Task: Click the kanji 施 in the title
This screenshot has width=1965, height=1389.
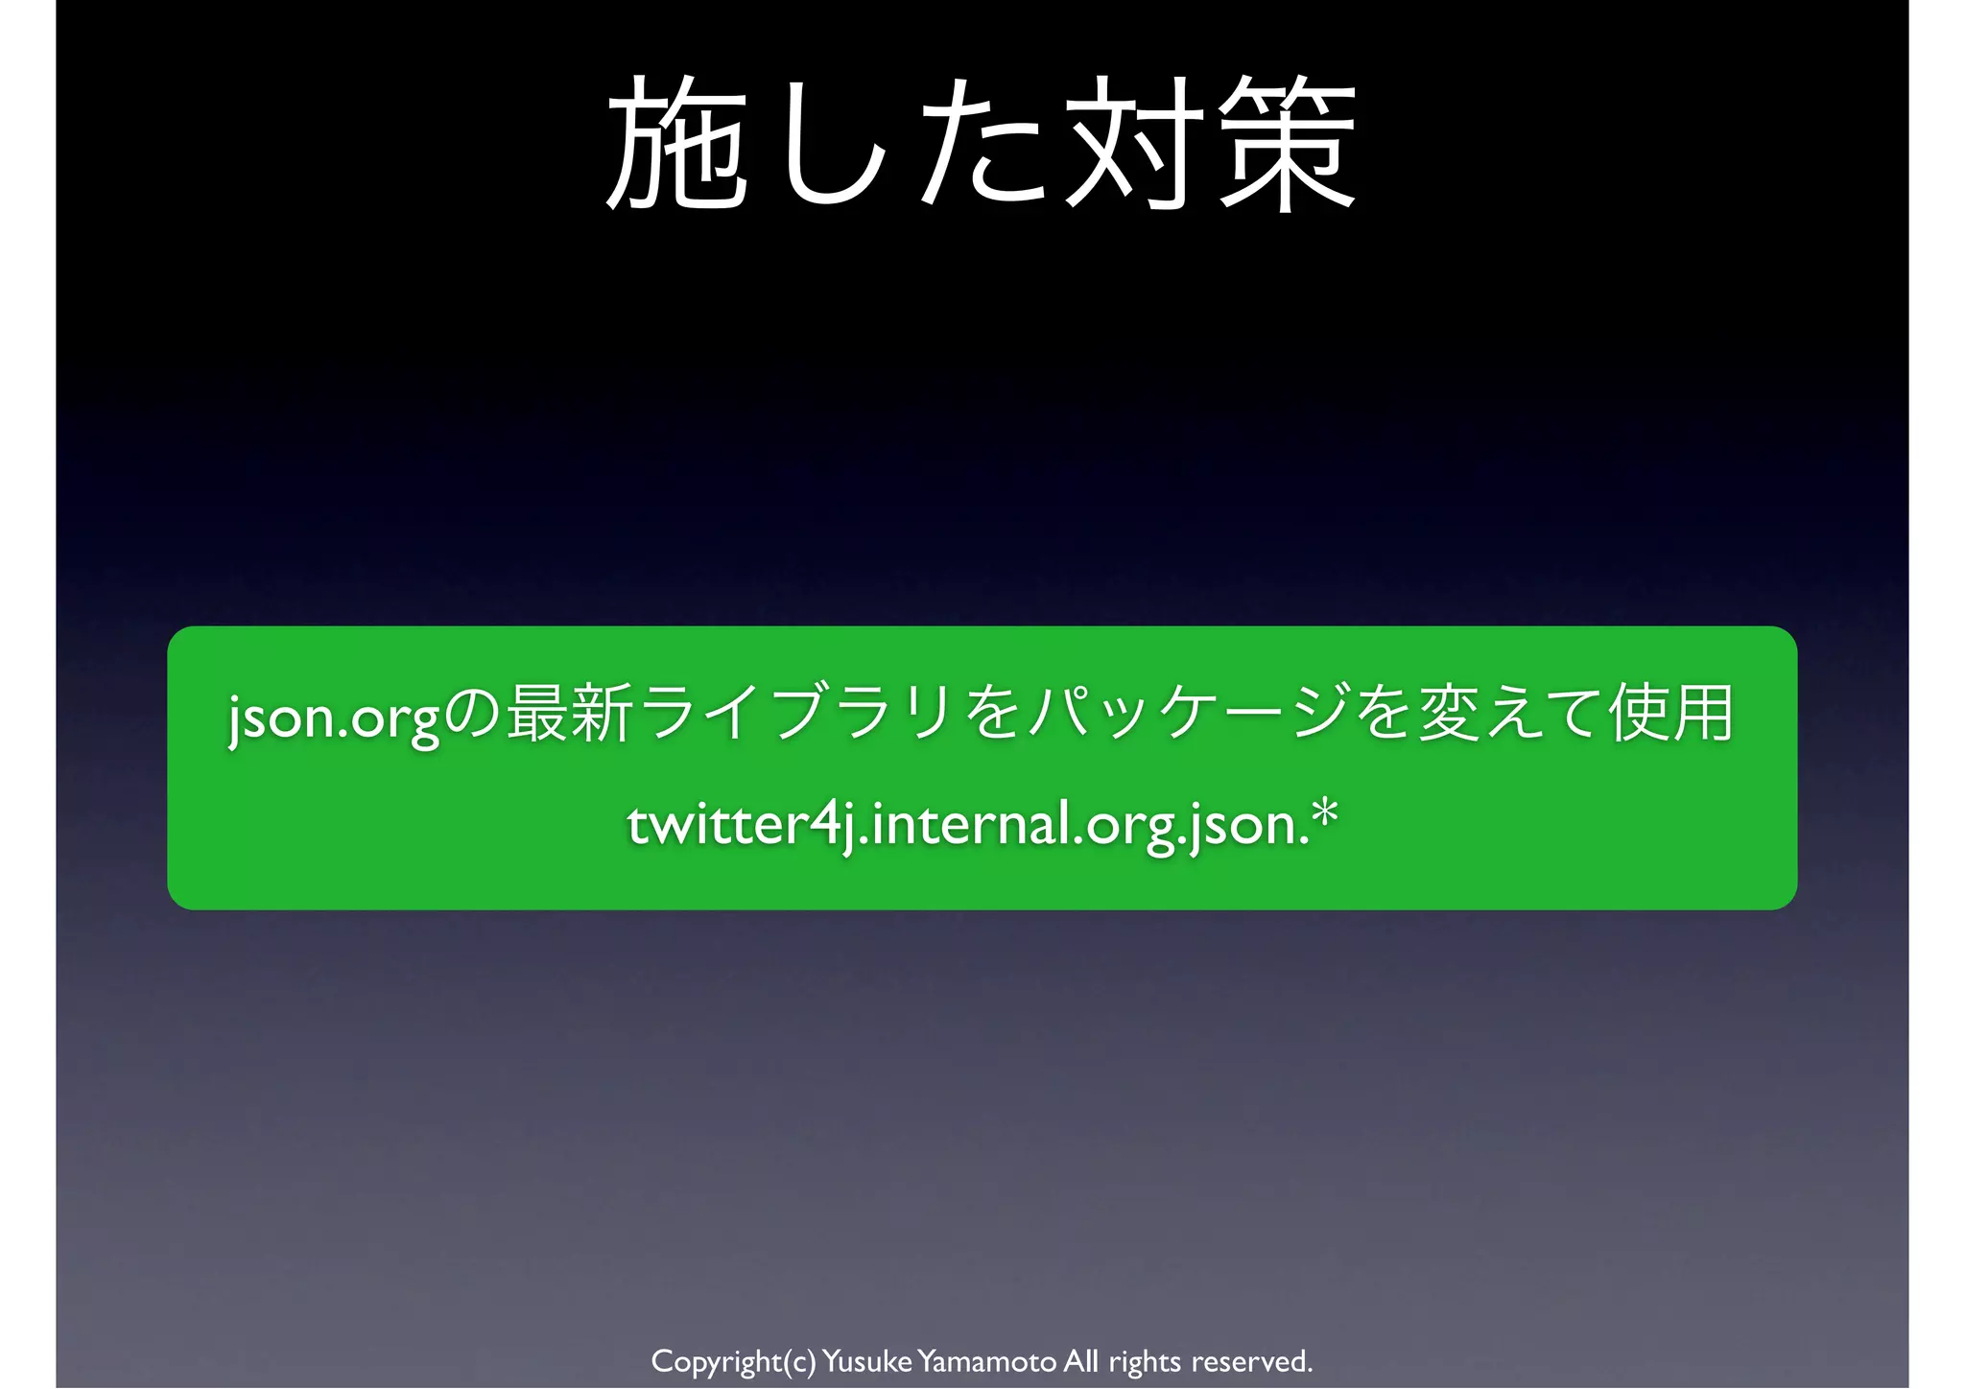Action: pos(677,144)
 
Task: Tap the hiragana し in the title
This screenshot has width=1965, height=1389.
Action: pos(831,144)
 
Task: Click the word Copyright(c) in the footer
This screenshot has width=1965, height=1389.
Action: pos(733,1361)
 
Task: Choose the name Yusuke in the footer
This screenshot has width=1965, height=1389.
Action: pos(866,1361)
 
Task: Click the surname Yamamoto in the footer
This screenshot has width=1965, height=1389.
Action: pos(986,1361)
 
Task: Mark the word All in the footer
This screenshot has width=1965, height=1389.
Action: pos(1081,1361)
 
